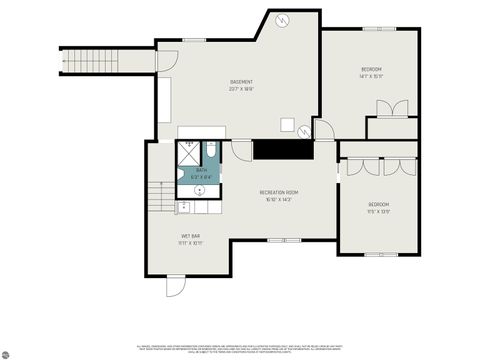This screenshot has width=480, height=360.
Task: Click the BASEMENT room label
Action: pyautogui.click(x=241, y=81)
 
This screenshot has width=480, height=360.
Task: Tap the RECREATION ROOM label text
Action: pyautogui.click(x=279, y=191)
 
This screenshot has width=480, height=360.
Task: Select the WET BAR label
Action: pyautogui.click(x=190, y=236)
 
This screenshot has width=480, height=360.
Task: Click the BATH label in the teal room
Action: pyautogui.click(x=201, y=170)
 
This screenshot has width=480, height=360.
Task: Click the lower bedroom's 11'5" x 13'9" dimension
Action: pyautogui.click(x=378, y=212)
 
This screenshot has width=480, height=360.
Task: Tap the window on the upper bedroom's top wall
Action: pyautogui.click(x=372, y=29)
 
